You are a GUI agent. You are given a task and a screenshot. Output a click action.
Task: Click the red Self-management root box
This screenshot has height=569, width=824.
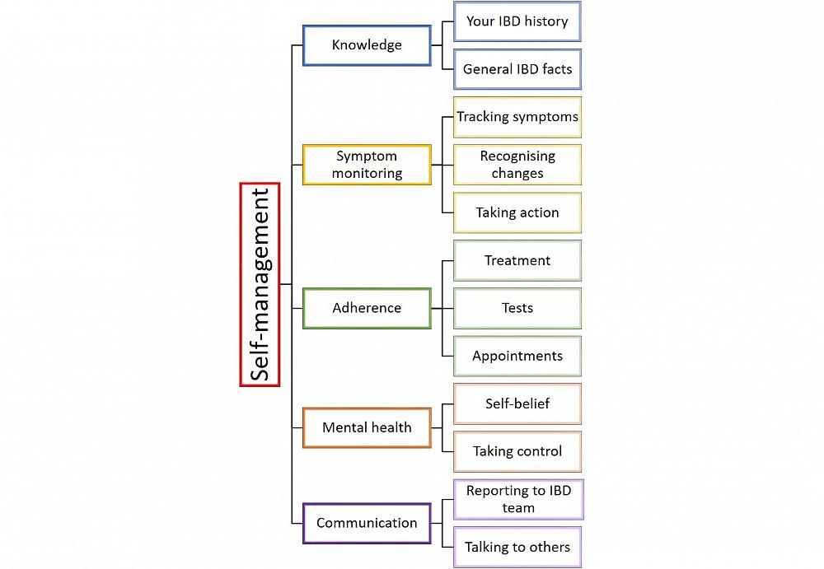pos(260,284)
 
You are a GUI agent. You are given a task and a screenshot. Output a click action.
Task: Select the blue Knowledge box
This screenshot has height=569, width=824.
pos(367,45)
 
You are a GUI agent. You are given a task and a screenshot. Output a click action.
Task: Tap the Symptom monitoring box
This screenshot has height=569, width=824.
pos(367,165)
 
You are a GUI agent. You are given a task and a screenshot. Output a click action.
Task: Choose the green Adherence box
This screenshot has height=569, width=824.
pos(367,308)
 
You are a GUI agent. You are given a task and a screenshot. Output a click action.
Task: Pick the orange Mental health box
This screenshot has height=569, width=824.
pos(367,427)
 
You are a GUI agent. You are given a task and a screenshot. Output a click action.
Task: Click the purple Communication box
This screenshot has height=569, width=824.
pos(367,523)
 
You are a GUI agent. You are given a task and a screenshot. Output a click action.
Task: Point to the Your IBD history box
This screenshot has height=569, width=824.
pos(517,21)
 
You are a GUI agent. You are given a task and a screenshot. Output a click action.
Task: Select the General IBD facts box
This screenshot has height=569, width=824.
pos(517,69)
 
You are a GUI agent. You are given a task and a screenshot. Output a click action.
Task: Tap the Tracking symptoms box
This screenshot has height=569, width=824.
pos(517,117)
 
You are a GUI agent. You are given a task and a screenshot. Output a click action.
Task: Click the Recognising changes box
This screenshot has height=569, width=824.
pos(517,165)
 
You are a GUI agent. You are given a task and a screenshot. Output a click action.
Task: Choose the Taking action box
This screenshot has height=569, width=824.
pos(517,212)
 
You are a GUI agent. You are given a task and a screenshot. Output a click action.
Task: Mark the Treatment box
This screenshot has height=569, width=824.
pos(517,260)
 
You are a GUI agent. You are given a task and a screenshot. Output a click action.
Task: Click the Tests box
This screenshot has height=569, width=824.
pos(517,308)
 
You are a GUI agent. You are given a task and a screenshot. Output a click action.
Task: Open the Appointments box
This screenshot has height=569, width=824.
pos(517,356)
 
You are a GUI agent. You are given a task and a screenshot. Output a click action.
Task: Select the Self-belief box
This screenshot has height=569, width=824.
pos(517,403)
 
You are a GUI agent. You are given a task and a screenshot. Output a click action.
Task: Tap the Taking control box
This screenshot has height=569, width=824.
pos(517,451)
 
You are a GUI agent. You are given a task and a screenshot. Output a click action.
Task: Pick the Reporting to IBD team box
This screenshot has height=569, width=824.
pos(517,499)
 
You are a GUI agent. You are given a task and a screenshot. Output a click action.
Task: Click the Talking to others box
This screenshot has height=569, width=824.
pos(517,547)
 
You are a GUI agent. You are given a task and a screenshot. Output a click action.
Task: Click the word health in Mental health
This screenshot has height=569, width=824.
pos(390,427)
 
